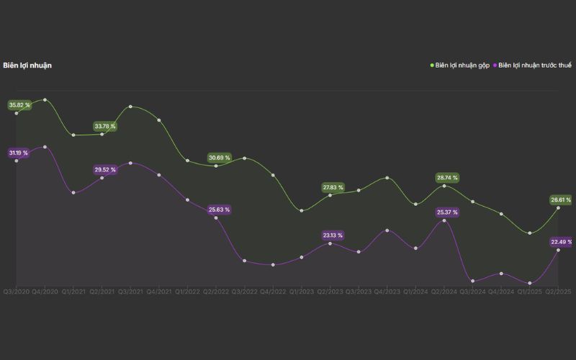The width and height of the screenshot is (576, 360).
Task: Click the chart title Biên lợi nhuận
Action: click(x=27, y=66)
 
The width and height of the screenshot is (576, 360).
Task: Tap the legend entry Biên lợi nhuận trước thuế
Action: click(x=535, y=66)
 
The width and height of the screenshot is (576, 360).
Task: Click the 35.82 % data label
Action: click(x=19, y=105)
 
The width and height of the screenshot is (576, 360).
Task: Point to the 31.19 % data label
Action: click(x=19, y=153)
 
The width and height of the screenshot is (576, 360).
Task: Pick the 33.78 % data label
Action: click(x=105, y=127)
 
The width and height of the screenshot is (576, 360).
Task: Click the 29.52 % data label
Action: click(x=105, y=170)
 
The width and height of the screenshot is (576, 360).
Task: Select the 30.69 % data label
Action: click(x=219, y=158)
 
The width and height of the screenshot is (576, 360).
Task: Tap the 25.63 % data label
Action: click(x=219, y=210)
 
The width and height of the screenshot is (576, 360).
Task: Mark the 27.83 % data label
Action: click(x=333, y=188)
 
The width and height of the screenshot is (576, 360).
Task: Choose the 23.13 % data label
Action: click(x=333, y=235)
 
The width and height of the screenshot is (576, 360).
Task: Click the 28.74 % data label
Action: click(x=446, y=177)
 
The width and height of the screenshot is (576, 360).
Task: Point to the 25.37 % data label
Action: click(x=446, y=212)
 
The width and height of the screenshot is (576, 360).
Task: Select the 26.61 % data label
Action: click(x=560, y=200)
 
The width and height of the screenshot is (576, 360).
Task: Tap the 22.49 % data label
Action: click(x=560, y=242)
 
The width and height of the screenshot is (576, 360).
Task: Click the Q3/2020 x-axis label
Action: click(x=17, y=292)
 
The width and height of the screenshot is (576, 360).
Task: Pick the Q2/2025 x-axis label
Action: click(x=559, y=292)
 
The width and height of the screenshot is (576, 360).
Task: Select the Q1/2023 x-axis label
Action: click(x=302, y=292)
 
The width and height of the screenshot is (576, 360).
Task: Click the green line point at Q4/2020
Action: click(x=45, y=100)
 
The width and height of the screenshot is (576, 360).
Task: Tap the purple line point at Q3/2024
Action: click(x=473, y=281)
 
